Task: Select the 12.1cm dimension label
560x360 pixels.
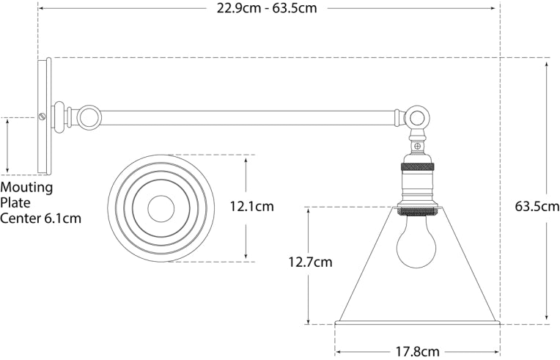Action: point(251,207)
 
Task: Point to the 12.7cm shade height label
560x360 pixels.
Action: point(310,261)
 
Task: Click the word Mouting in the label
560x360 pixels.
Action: point(26,187)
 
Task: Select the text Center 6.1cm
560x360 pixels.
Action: point(40,218)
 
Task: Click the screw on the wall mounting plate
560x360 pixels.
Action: point(43,116)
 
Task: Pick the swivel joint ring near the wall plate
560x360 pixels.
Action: point(89,117)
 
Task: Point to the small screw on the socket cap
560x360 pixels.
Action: point(417,147)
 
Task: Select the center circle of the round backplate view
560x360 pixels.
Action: point(161,209)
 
